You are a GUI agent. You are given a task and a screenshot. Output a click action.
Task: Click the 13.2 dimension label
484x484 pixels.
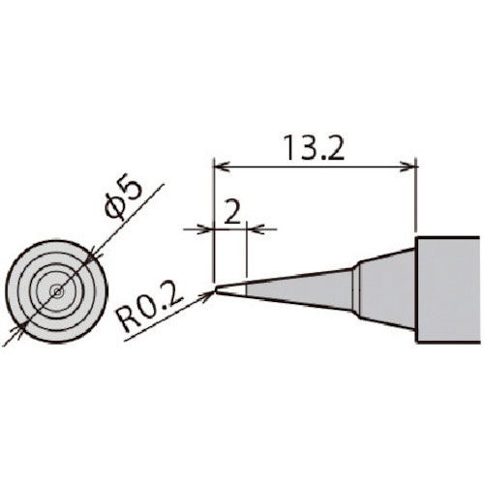314,148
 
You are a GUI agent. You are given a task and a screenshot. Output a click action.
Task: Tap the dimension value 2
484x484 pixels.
232,211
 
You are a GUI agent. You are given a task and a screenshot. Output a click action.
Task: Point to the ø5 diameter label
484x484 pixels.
124,199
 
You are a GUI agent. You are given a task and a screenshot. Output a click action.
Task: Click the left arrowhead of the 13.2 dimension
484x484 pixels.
222,166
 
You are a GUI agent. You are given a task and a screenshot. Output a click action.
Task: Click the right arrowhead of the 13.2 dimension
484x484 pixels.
408,166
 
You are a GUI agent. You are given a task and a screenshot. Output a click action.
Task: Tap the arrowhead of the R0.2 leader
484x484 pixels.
208,294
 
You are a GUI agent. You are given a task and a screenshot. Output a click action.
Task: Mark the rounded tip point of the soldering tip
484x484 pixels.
216,289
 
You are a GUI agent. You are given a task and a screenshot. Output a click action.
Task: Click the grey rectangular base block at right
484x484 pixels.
447,289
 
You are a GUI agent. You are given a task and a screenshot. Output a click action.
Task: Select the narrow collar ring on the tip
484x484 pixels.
356,289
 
